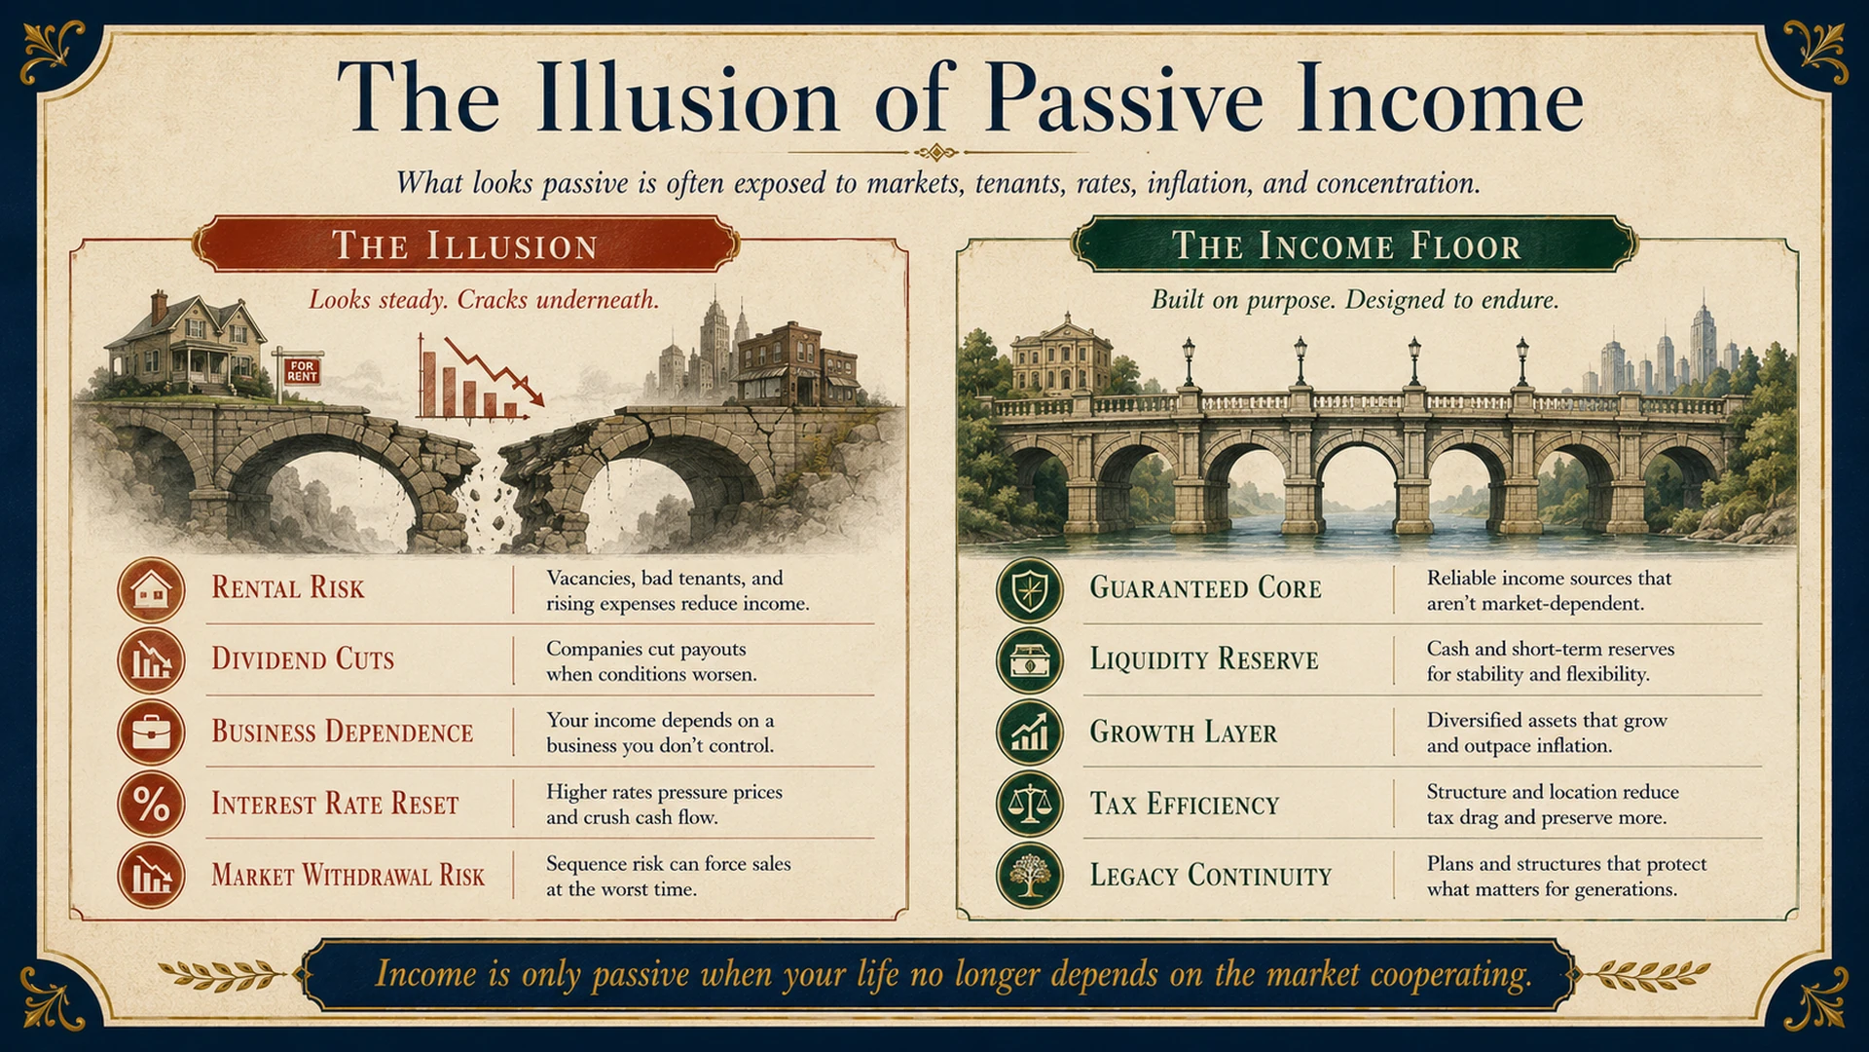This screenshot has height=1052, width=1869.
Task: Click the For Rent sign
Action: [x=302, y=370]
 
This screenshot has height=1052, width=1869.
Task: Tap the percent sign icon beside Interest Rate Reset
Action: [x=151, y=804]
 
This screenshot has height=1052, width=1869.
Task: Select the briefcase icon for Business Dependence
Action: [x=151, y=732]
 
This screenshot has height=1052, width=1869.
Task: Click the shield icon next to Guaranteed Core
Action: [x=1030, y=589]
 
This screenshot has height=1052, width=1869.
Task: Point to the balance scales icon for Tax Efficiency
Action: [x=1030, y=804]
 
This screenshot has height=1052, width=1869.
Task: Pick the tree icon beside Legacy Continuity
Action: [x=1030, y=875]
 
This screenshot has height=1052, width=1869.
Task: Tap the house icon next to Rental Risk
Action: [x=151, y=589]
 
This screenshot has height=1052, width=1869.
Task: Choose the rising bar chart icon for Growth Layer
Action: [x=1030, y=732]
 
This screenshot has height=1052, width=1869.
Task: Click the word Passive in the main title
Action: [x=1123, y=99]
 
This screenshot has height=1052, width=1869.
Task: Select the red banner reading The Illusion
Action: [x=465, y=244]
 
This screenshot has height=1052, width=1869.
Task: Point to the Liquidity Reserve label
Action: [x=1204, y=659]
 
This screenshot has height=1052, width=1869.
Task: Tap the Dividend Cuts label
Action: [x=303, y=659]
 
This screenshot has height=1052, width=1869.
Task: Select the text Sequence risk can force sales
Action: [x=668, y=864]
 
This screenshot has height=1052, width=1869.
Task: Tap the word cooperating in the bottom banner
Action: [x=1450, y=975]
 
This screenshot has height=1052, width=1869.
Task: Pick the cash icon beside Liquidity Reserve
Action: [x=1030, y=660]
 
